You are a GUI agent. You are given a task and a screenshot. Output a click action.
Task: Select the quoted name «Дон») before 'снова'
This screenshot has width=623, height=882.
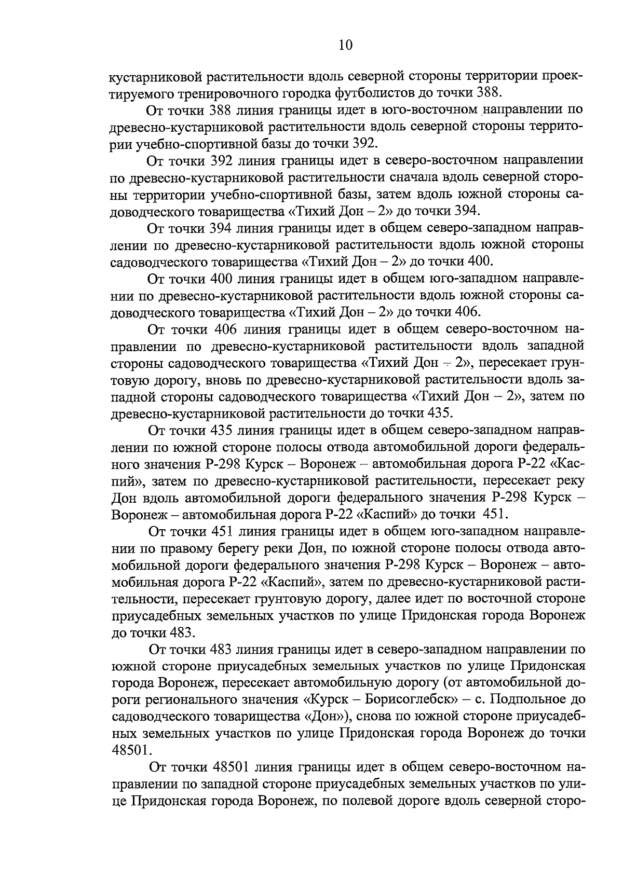click(x=328, y=716)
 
